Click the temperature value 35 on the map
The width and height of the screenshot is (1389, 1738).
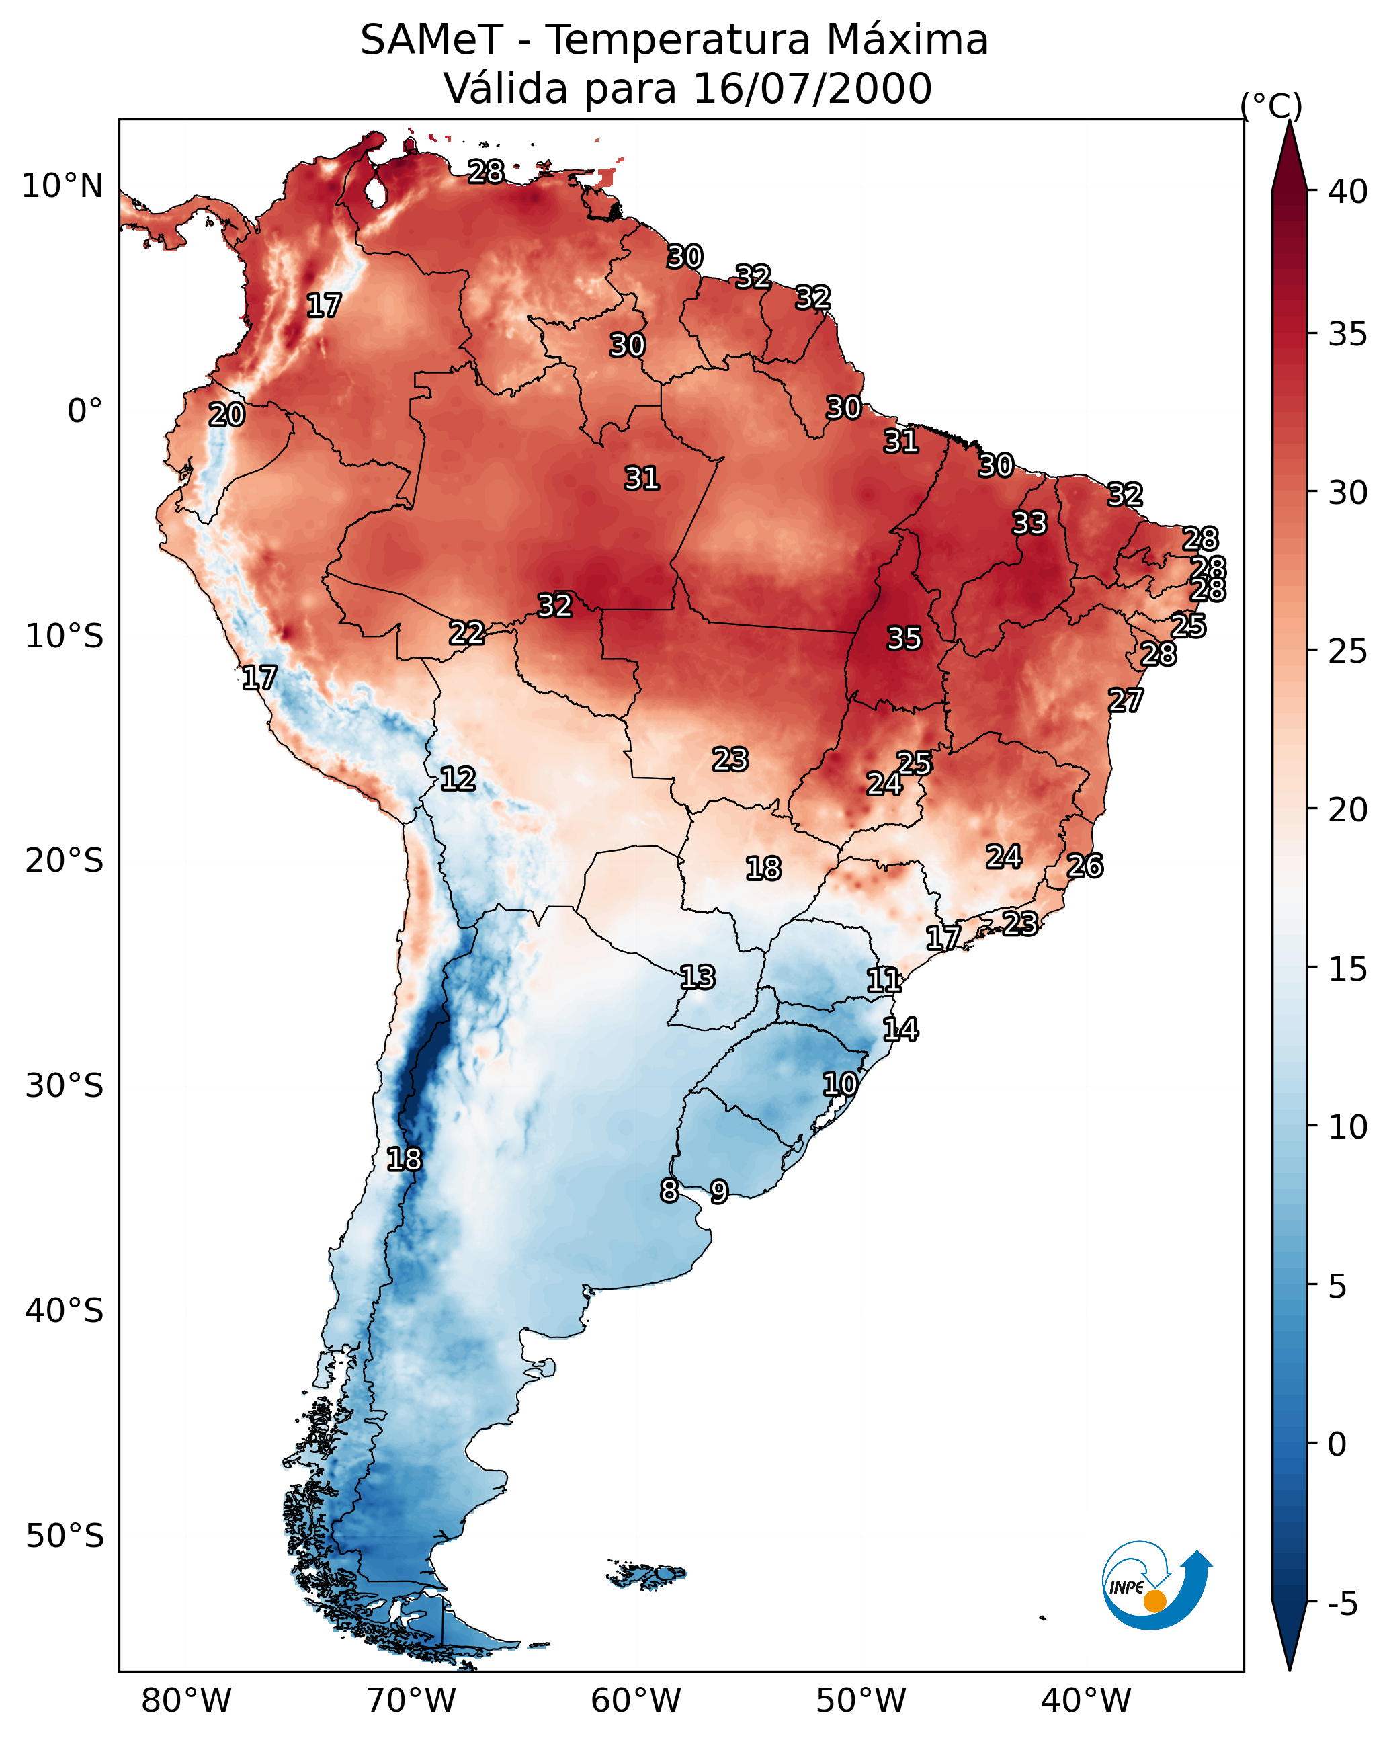click(904, 638)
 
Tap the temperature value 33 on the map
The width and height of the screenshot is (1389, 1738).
click(1029, 523)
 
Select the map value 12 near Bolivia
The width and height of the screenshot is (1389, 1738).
click(458, 779)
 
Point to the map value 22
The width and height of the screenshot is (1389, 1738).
click(467, 633)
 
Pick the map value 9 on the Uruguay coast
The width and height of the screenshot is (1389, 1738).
click(719, 1191)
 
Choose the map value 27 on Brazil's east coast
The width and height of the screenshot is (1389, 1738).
click(1126, 700)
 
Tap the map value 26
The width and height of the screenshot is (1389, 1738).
click(1085, 866)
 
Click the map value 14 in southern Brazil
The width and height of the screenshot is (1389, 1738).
click(900, 1030)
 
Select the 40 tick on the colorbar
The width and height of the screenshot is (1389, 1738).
click(1348, 192)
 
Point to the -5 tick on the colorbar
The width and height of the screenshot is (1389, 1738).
click(1343, 1604)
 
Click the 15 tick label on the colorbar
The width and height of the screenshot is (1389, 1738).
click(1348, 969)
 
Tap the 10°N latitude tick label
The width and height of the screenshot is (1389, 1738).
click(62, 186)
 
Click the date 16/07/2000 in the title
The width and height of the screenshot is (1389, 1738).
click(812, 89)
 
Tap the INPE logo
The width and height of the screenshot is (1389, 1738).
click(1156, 1588)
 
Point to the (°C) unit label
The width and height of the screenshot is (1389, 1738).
click(1271, 106)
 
